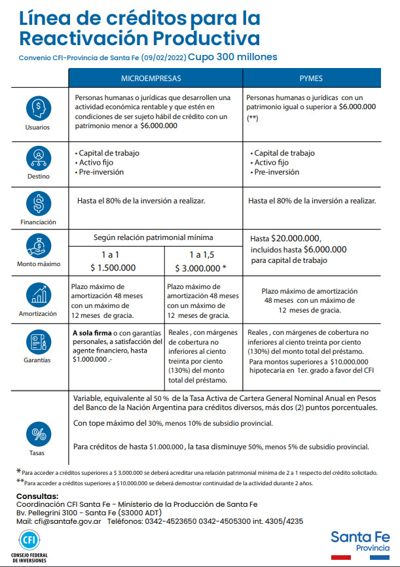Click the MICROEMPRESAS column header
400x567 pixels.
[155, 78]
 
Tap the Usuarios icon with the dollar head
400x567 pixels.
[39, 108]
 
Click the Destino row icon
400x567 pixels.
[39, 157]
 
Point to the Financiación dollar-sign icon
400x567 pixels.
[39, 203]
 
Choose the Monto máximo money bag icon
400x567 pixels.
[39, 247]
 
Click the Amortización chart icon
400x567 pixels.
[39, 294]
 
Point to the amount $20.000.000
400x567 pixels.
[297, 238]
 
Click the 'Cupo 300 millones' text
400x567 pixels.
[232, 57]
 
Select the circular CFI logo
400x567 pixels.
[29, 541]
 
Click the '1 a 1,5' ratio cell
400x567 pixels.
[204, 254]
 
